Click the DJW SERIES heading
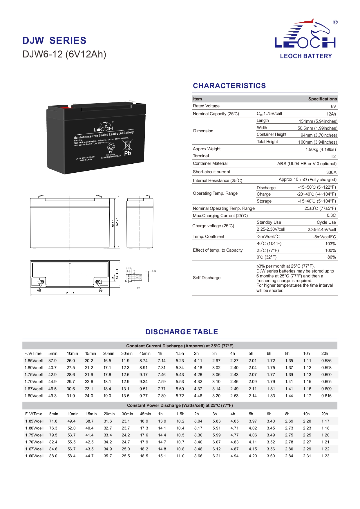click(x=54, y=41)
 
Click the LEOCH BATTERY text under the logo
click(x=306, y=56)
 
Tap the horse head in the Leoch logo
click(x=320, y=28)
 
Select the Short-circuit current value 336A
click(x=331, y=172)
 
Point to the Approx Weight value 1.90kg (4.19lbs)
click(x=321, y=149)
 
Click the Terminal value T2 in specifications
click(x=333, y=156)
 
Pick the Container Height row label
click(x=271, y=135)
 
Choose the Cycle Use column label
click(x=326, y=222)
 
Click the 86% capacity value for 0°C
click(x=331, y=257)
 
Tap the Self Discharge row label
click(x=207, y=278)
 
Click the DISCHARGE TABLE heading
click(x=182, y=332)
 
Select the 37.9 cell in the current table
click(x=53, y=361)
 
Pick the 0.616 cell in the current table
click(x=326, y=396)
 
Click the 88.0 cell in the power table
click(x=53, y=456)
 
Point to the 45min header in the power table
click(x=145, y=414)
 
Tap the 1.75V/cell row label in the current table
click(x=34, y=375)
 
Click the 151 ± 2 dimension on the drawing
click(x=70, y=293)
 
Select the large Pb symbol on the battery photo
click(x=127, y=153)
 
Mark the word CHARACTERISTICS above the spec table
click(x=229, y=86)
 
